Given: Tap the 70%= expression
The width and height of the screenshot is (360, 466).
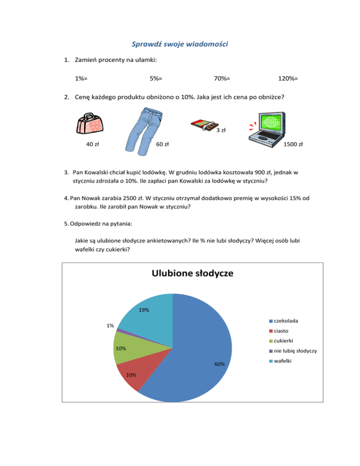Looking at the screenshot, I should [222, 79].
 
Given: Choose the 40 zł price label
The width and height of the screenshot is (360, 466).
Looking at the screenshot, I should [92, 144].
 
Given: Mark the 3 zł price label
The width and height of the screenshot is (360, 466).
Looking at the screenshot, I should [221, 130].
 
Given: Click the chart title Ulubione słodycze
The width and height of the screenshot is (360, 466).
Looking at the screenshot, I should [192, 273].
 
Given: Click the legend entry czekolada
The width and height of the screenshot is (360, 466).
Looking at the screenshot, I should [286, 321].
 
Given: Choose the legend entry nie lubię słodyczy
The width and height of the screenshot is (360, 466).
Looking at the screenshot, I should [293, 351].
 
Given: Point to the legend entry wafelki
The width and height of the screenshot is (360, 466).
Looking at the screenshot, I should [283, 361].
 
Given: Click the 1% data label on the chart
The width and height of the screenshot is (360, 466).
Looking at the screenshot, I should [110, 325].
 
